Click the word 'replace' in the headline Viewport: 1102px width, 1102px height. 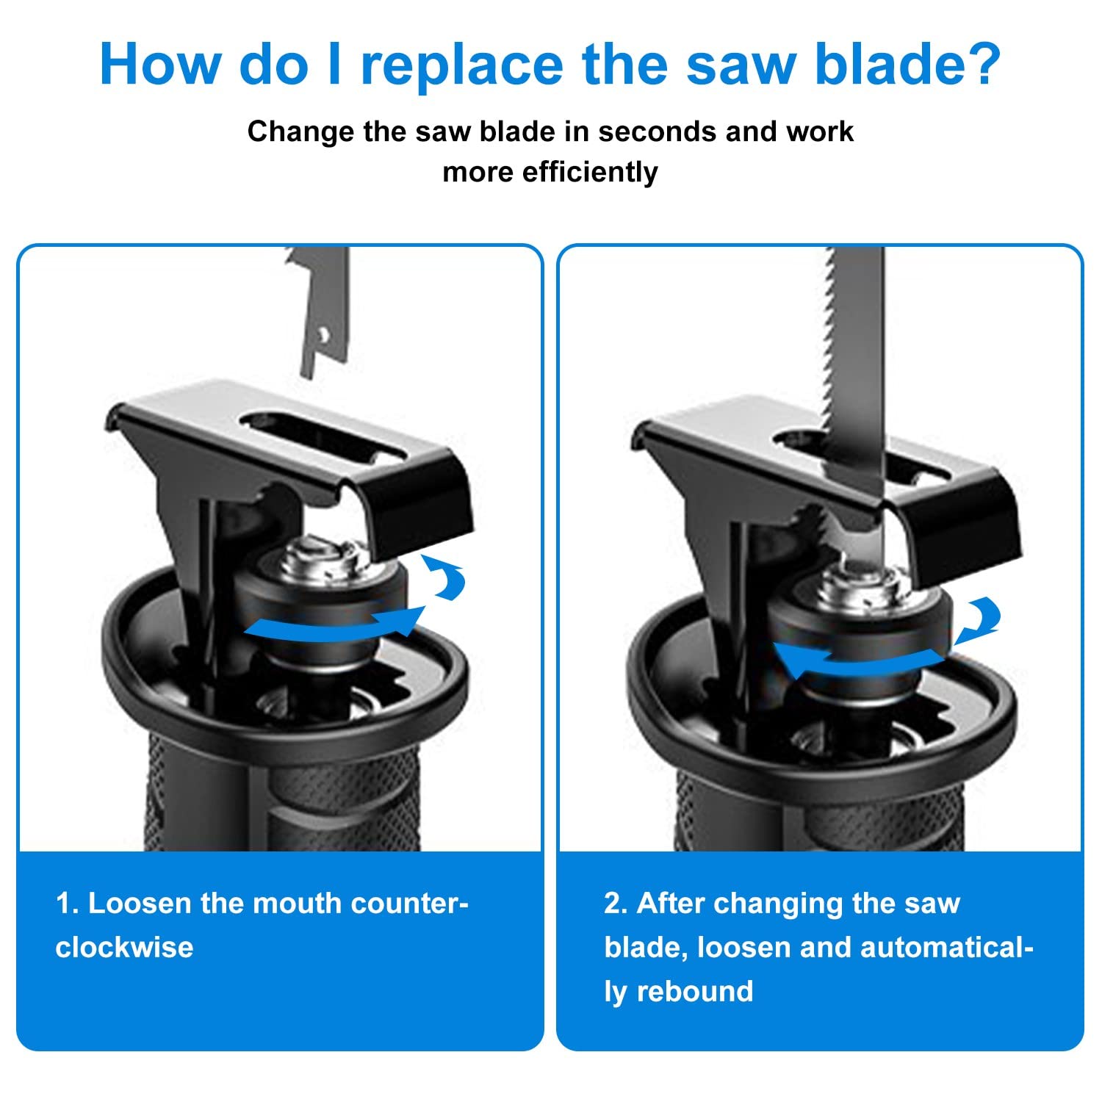click(464, 65)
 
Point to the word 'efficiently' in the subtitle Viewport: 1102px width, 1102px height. click(590, 172)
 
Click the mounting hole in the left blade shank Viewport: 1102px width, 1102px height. click(321, 335)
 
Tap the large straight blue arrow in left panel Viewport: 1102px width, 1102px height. click(334, 624)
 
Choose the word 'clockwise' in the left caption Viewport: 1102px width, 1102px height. click(124, 947)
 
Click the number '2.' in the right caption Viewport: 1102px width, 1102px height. click(617, 904)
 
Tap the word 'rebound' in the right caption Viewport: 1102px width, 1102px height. click(695, 991)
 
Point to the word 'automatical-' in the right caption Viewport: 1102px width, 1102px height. click(947, 947)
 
